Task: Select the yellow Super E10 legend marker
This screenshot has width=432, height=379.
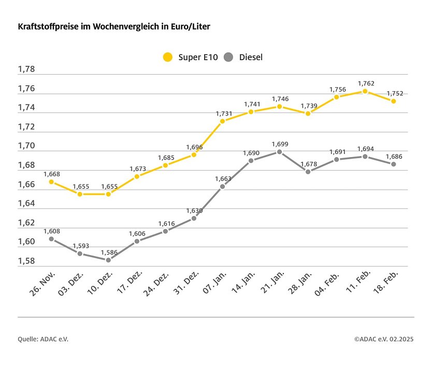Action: click(x=167, y=57)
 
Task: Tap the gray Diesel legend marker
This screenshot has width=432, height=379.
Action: click(x=229, y=57)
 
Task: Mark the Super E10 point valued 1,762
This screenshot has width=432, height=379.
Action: click(x=365, y=91)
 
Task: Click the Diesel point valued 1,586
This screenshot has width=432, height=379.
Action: click(x=108, y=260)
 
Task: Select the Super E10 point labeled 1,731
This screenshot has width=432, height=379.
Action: click(x=222, y=121)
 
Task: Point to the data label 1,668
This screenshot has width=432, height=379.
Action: click(x=52, y=174)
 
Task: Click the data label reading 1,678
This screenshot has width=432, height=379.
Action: click(x=308, y=164)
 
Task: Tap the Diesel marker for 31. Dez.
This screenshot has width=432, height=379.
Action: click(x=194, y=218)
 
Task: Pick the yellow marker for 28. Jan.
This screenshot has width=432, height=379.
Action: click(x=308, y=114)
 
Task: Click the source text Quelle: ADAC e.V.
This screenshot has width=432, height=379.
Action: click(x=43, y=339)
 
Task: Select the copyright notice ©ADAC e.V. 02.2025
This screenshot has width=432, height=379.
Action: click(x=384, y=339)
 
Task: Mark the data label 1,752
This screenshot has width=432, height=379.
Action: click(x=395, y=94)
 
